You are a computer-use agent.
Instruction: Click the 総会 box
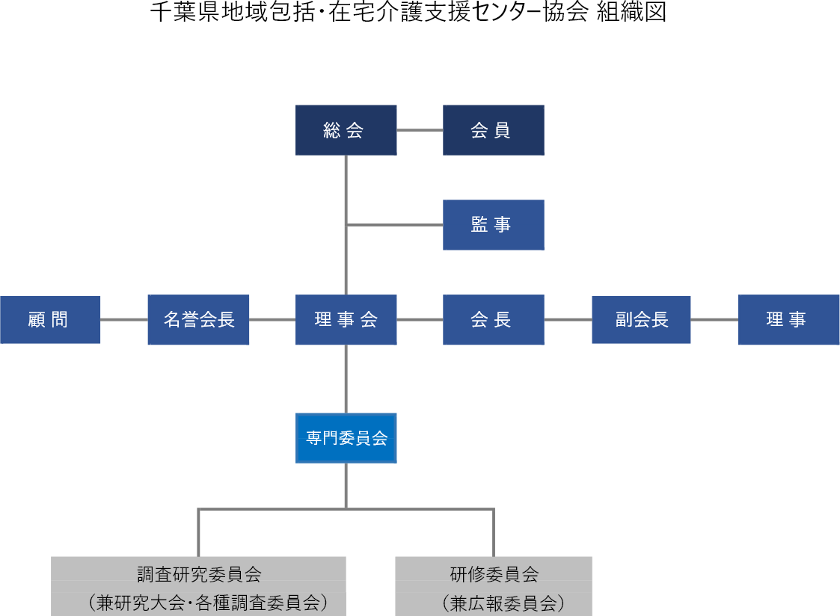(x=346, y=130)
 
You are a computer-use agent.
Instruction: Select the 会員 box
(x=493, y=130)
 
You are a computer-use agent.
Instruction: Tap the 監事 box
(x=493, y=224)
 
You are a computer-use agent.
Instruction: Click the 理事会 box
(x=346, y=320)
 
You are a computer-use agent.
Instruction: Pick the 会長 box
(x=493, y=320)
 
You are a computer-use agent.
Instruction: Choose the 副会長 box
(x=641, y=320)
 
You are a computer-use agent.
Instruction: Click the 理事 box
(x=788, y=320)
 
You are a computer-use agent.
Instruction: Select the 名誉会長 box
(x=198, y=320)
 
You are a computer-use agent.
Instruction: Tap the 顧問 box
(x=49, y=320)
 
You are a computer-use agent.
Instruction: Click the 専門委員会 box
(x=346, y=438)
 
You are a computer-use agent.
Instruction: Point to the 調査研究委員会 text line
(x=199, y=574)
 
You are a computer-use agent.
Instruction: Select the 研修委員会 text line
(x=494, y=574)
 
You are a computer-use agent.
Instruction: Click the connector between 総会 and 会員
(x=420, y=130)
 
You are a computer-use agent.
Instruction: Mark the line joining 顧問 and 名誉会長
(x=123, y=320)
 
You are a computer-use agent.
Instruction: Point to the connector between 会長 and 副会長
(x=568, y=320)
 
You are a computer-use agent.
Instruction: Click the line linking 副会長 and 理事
(x=714, y=320)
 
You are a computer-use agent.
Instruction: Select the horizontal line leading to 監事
(x=394, y=224)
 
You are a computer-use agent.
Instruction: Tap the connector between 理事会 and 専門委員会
(x=346, y=378)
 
